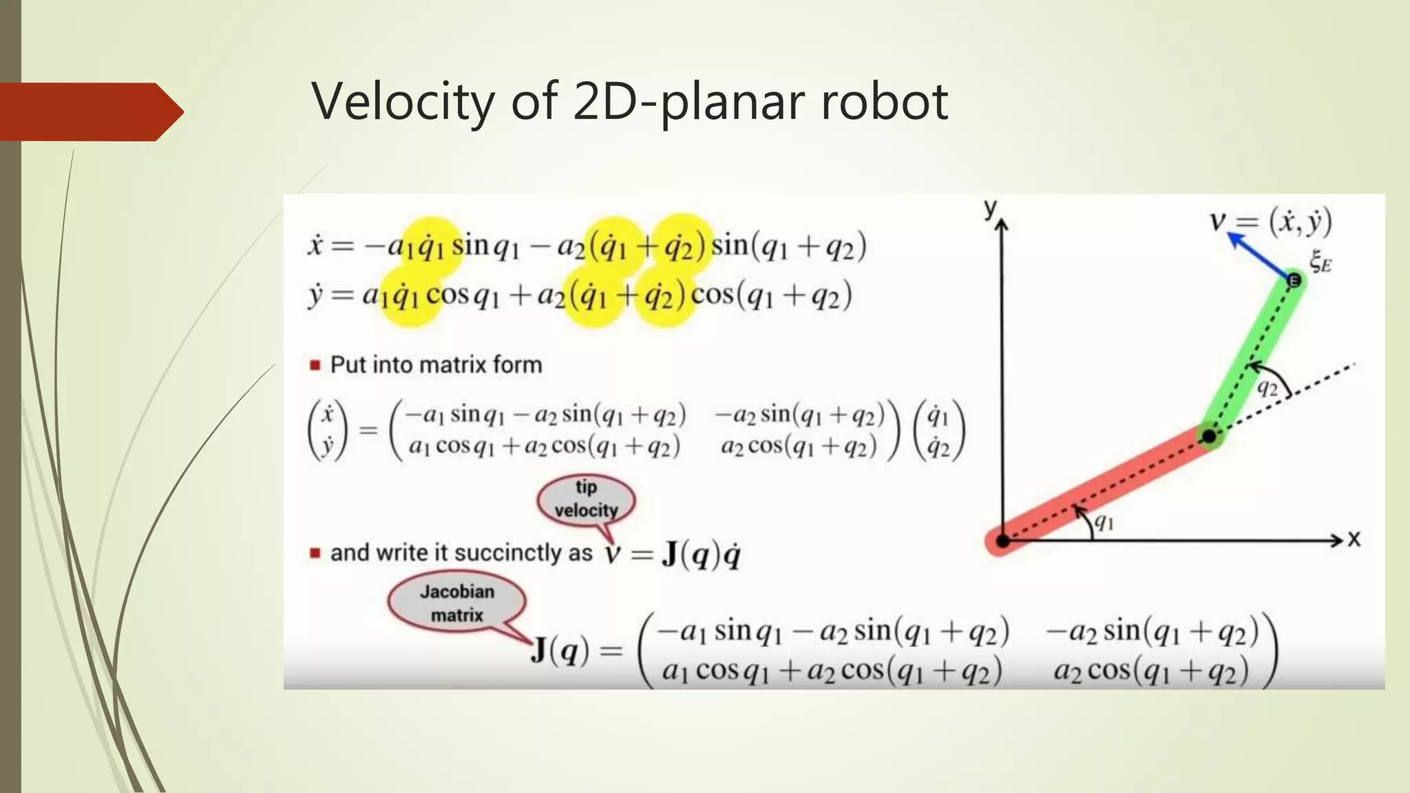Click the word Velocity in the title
[x=403, y=101]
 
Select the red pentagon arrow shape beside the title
[x=90, y=112]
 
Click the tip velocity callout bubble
[x=586, y=499]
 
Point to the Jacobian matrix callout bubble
[x=456, y=603]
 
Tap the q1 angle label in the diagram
[x=1104, y=522]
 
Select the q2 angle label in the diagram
[x=1267, y=388]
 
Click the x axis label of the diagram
[x=1354, y=539]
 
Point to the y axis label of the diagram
[x=990, y=207]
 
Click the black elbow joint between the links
[x=1209, y=436]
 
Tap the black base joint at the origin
[x=1003, y=541]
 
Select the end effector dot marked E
[x=1294, y=281]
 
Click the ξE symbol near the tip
[x=1320, y=262]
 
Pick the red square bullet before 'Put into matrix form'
[x=315, y=365]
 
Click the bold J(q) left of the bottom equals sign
[x=560, y=649]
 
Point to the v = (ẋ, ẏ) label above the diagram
[x=1271, y=222]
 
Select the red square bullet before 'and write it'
[x=315, y=553]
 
